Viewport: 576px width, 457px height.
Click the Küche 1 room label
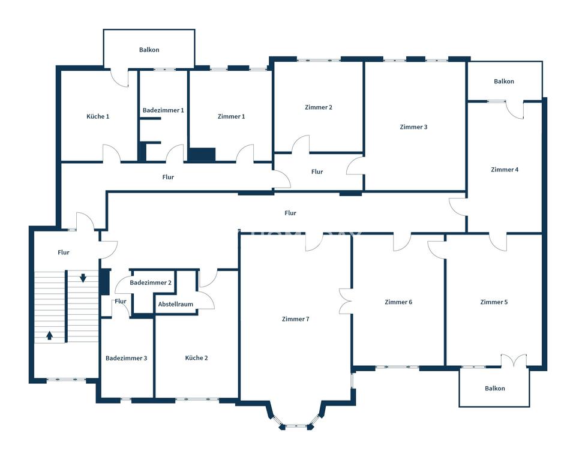(98, 116)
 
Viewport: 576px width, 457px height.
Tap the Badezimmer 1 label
(163, 110)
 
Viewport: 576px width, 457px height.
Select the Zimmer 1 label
(231, 116)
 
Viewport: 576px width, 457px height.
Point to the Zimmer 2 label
(319, 107)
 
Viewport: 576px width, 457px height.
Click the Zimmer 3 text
(413, 127)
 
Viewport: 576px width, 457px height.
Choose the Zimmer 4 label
(505, 170)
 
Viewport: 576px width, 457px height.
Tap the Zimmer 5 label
(494, 302)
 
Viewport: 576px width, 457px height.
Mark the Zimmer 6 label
(398, 302)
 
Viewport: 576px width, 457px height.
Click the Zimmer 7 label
(296, 319)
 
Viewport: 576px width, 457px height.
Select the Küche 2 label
(197, 358)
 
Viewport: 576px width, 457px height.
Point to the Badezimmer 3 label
(127, 358)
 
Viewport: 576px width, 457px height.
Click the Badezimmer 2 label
(151, 282)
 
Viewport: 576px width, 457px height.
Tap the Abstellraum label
(176, 304)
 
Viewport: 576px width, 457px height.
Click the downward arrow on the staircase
(83, 278)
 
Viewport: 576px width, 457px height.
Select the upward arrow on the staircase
(50, 335)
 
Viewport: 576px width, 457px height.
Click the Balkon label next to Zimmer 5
(495, 389)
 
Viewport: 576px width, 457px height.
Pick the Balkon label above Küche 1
(149, 50)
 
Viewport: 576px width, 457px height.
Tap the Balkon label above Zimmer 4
(504, 82)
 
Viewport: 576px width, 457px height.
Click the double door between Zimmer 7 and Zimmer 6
(346, 301)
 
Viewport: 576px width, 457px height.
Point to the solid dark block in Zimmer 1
(202, 154)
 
